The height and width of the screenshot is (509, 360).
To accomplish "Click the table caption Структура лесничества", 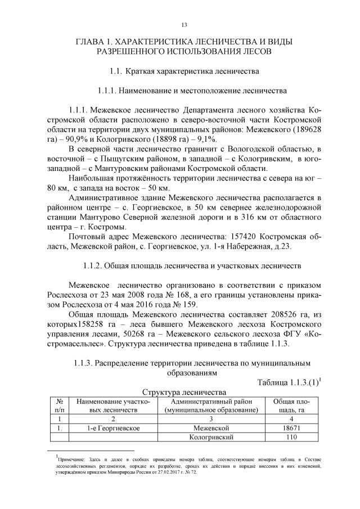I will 184,391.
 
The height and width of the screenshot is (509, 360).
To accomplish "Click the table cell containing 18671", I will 291,428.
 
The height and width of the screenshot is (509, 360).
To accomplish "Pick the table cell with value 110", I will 291,437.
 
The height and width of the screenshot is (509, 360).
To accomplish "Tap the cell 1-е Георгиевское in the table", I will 111,428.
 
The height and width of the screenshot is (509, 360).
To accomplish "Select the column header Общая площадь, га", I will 291,406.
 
